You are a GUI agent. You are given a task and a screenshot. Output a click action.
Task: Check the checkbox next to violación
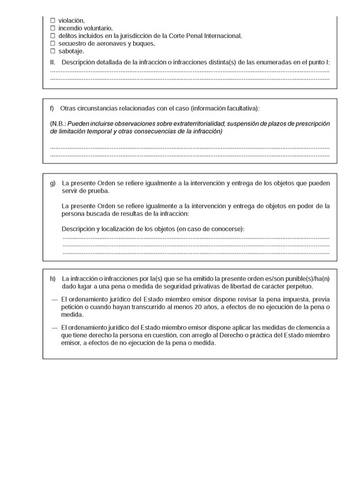tap(53, 20)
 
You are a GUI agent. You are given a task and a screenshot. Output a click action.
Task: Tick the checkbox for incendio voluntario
tap(53, 28)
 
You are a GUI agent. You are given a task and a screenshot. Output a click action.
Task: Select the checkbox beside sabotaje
tap(53, 52)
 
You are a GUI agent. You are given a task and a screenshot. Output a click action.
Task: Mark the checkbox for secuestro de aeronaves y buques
tap(53, 44)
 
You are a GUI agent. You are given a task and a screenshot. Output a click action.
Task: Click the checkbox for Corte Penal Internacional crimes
tap(53, 36)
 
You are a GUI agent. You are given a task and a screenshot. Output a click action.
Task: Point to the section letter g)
tap(53, 182)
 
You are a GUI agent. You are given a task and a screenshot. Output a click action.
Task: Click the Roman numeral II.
tap(53, 62)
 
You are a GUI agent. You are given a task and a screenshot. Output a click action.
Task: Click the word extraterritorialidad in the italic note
tap(193, 123)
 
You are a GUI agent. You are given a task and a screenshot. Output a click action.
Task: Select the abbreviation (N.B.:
tap(60, 123)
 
